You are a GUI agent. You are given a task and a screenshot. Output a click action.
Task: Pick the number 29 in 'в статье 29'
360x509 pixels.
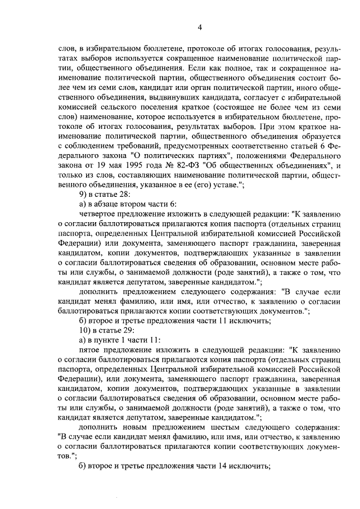130,329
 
